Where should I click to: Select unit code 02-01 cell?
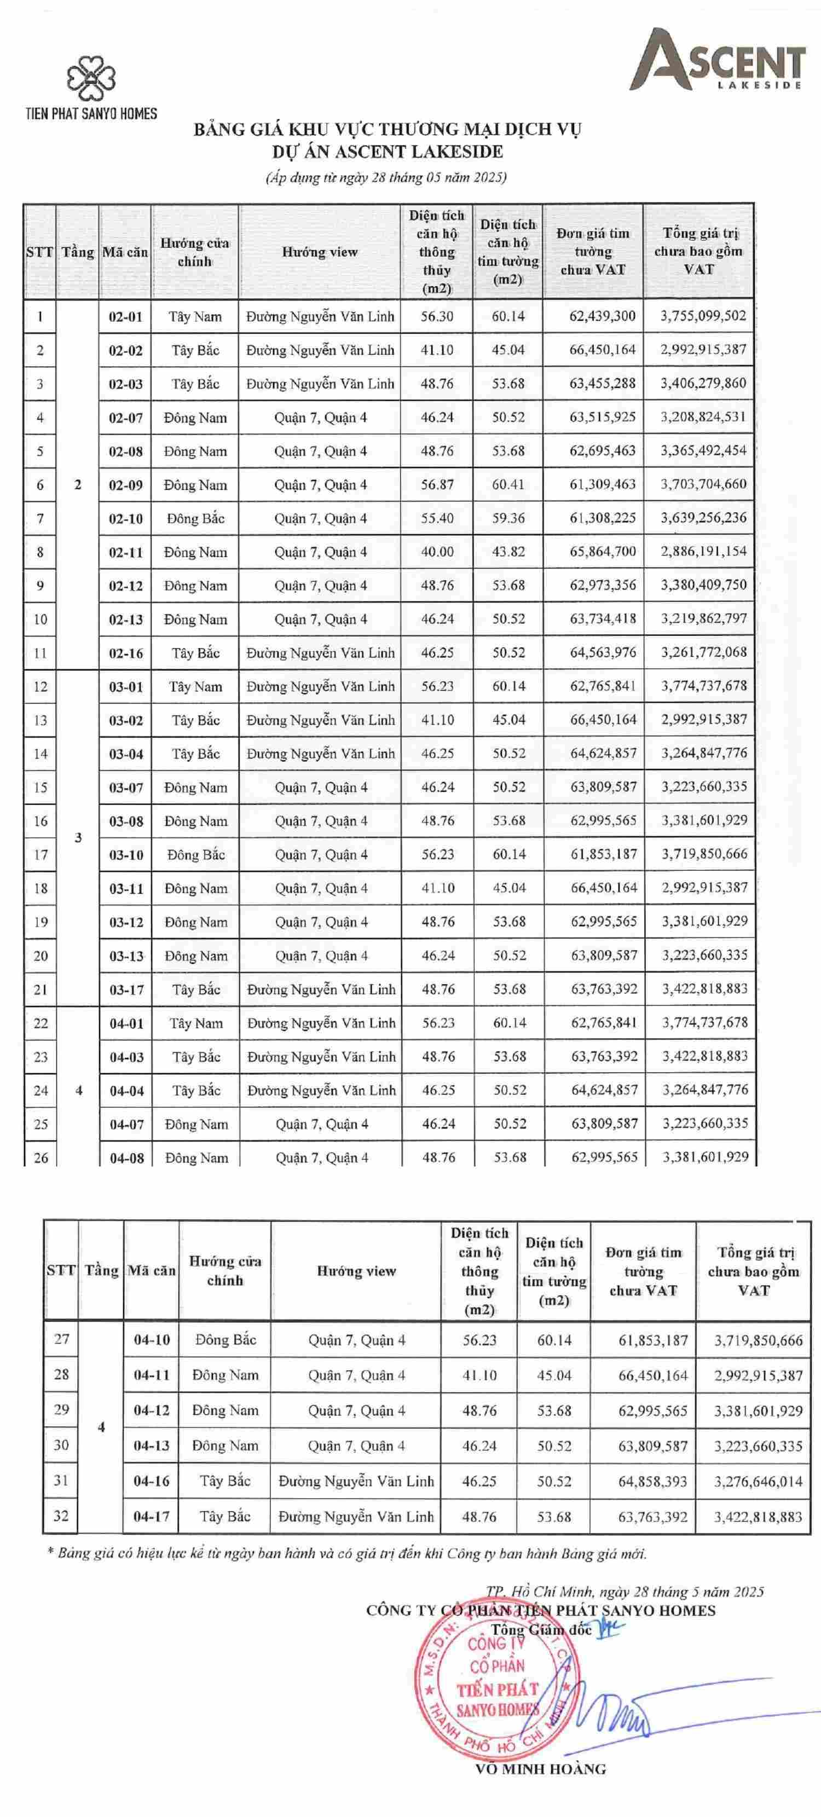pos(125,317)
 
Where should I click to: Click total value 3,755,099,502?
pos(703,316)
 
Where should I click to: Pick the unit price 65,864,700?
pos(603,552)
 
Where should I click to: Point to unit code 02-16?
pos(125,653)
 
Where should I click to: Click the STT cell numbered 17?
pos(40,855)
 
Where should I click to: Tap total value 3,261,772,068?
pos(703,652)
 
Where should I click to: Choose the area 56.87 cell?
pos(437,484)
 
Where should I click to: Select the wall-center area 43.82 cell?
pos(508,552)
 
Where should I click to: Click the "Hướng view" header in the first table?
pos(320,252)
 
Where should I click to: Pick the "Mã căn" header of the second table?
pos(152,1270)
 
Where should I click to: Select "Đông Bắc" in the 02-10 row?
pos(195,518)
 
